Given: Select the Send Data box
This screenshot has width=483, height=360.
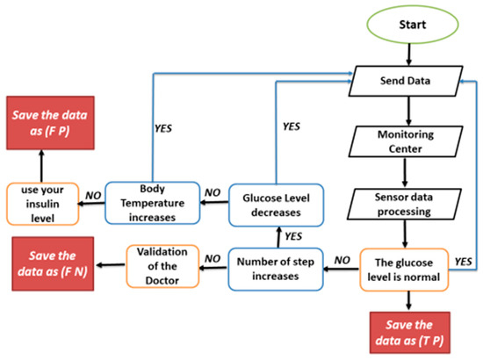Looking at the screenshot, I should pos(407,82).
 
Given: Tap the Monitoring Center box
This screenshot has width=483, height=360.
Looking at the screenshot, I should pos(407,142).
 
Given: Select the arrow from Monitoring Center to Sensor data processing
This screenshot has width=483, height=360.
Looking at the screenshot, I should pos(407,171).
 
